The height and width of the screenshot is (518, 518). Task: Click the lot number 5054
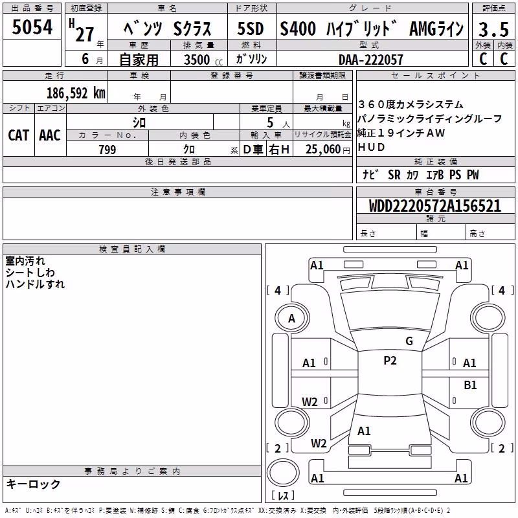[32, 27]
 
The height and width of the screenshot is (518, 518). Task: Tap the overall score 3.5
[493, 29]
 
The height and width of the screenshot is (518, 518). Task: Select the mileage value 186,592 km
[76, 93]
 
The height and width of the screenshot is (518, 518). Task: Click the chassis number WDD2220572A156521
[434, 205]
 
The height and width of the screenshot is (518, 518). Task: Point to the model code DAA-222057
[370, 60]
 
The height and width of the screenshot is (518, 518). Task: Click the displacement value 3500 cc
[203, 60]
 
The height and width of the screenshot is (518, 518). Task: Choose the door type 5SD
[251, 28]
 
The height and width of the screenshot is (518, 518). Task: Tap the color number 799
[107, 150]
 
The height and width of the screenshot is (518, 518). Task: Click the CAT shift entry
[19, 135]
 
